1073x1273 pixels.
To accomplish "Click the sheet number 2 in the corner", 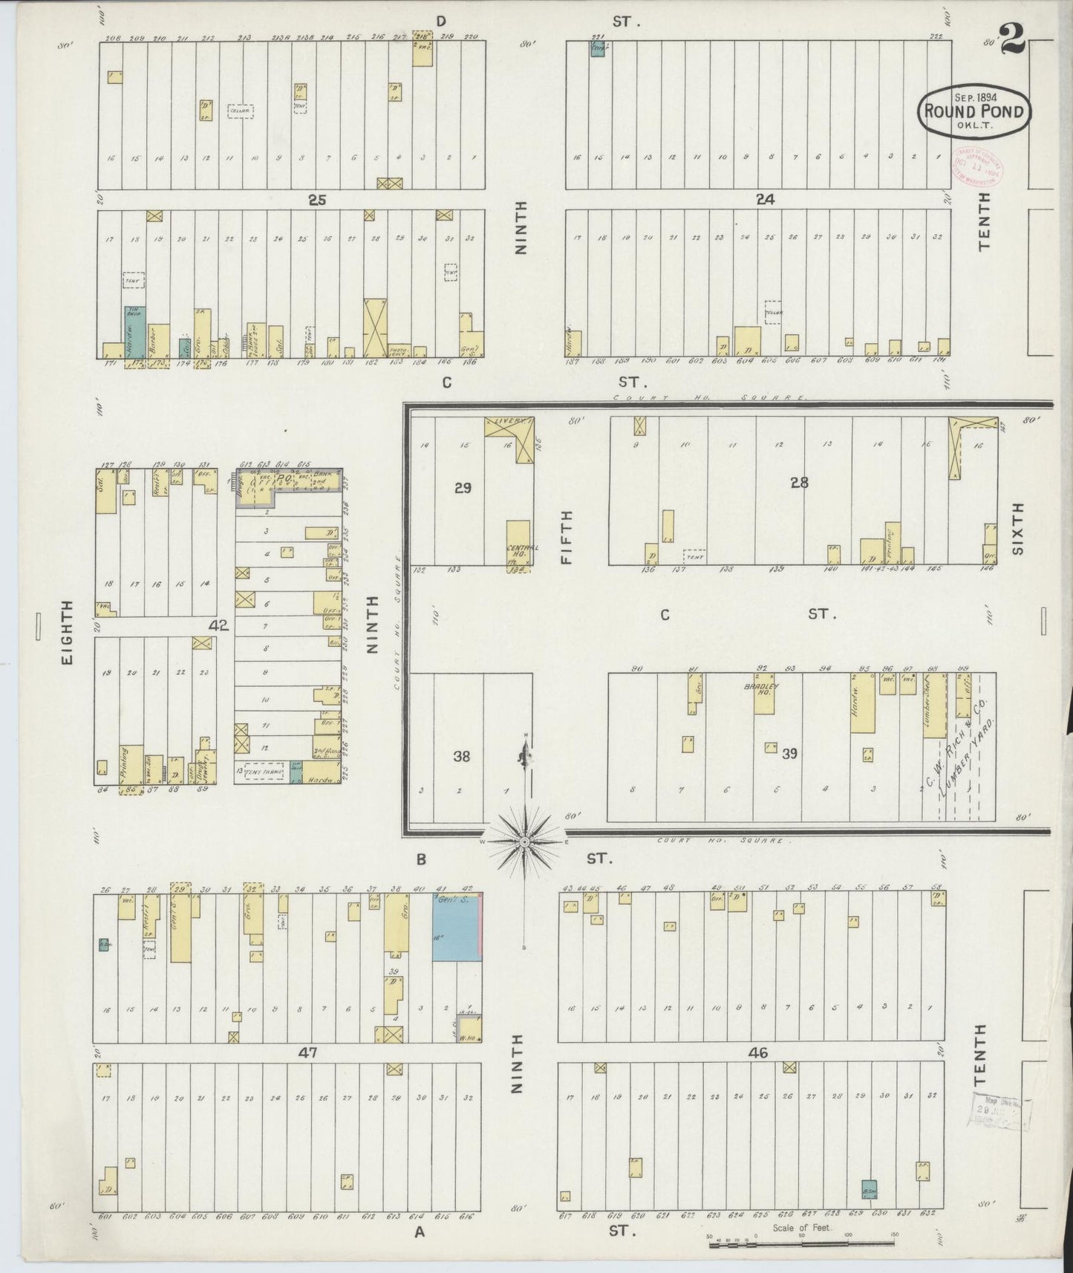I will (1011, 39).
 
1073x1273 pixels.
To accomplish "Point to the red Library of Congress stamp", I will (976, 163).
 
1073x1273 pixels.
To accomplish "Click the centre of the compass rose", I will (524, 841).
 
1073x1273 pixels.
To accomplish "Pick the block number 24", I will (764, 199).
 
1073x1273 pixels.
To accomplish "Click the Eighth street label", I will (68, 632).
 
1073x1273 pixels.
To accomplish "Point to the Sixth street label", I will (1017, 528).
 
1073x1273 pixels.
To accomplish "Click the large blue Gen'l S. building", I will (456, 928).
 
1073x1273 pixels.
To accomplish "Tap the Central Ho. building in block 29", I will (518, 544).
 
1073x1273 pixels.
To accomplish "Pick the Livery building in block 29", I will (509, 427).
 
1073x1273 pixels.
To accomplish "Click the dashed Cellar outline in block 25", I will (240, 111).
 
